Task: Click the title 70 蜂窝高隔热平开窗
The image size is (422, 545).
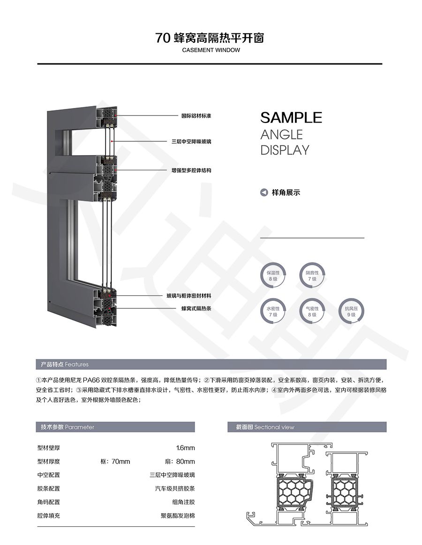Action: coord(210,38)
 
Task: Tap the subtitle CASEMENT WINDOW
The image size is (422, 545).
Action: coord(211,50)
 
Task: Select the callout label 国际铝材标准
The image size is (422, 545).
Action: coord(196,116)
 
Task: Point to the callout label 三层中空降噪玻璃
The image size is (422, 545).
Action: coord(191,141)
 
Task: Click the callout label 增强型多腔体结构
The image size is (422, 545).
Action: coord(191,170)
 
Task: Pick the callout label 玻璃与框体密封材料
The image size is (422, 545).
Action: coord(189,296)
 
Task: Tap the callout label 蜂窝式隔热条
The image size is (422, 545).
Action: coord(196,308)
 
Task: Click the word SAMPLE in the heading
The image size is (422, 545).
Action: coord(291,118)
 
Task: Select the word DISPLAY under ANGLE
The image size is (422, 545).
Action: coord(285,150)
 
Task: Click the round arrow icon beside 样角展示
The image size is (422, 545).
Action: coord(264,192)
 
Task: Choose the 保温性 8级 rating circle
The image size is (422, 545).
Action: coord(273,276)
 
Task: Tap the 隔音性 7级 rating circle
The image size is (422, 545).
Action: coord(312,276)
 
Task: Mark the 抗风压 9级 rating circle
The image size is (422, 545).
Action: coord(351,311)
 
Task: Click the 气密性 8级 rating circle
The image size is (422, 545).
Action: coord(312,311)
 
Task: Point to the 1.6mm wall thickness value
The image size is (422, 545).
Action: coord(185,448)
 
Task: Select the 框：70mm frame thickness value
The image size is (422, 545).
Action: coord(115,461)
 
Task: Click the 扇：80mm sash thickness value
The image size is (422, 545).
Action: coord(180,461)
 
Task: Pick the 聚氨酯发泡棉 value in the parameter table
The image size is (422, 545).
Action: coord(178,516)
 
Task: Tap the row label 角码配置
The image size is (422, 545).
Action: coord(49,502)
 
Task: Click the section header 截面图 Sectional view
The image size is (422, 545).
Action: coord(265,427)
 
